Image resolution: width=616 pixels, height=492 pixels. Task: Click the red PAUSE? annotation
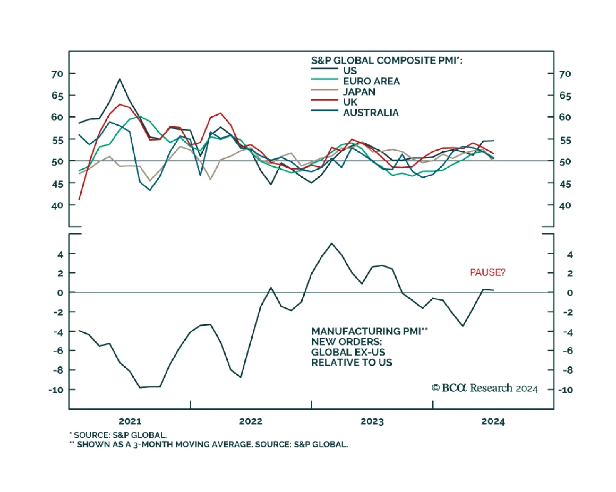(487, 272)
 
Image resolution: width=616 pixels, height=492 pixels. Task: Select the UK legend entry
(350, 102)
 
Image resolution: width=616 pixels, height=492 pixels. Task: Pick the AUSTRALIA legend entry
(371, 113)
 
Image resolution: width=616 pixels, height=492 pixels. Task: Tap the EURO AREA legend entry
(371, 81)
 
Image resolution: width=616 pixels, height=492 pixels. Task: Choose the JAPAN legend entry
(359, 92)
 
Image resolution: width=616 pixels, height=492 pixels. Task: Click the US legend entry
(350, 71)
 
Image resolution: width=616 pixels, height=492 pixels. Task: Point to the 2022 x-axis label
(251, 421)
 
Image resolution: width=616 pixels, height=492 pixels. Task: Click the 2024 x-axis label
(493, 421)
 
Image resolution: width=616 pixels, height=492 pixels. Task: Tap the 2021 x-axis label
(130, 421)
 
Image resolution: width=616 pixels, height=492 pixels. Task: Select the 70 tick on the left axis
(57, 74)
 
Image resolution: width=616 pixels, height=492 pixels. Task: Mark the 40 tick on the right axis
(565, 206)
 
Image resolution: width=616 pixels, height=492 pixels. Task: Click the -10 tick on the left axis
(55, 390)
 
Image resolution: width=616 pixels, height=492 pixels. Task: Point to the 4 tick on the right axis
(570, 255)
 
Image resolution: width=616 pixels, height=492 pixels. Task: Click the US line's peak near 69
(120, 79)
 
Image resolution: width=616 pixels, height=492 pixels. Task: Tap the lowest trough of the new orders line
(140, 387)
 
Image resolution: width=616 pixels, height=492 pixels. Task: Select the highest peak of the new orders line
(332, 243)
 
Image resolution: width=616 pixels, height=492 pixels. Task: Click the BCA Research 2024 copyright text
(484, 388)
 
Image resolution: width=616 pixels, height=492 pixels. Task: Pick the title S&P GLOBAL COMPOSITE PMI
(387, 60)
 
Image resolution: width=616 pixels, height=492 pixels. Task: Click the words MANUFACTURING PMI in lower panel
(366, 331)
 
